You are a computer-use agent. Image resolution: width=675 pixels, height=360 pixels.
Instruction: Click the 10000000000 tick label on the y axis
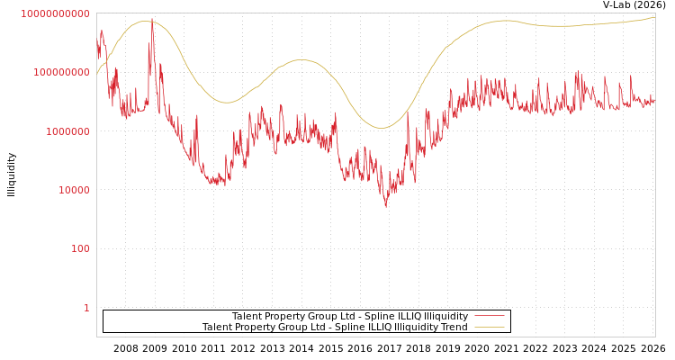[56, 13]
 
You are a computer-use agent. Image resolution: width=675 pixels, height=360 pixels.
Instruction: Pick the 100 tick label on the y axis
[80, 248]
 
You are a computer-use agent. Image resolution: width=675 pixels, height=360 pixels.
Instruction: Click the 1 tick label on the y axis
[86, 308]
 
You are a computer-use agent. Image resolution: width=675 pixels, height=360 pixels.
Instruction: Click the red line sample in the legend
[489, 316]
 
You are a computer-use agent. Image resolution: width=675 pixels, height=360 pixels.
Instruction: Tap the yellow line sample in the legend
[489, 328]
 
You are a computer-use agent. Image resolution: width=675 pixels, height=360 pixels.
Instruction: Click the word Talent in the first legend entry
[247, 316]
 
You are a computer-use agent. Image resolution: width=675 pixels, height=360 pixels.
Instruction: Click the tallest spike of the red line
[151, 19]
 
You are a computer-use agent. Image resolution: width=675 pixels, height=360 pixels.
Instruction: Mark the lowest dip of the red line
[386, 207]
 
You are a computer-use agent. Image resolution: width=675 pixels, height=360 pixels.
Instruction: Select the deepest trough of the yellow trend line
[381, 128]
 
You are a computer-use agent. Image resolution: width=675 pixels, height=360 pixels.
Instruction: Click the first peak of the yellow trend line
[144, 22]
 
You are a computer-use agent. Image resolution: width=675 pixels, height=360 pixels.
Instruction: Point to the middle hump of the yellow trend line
[301, 60]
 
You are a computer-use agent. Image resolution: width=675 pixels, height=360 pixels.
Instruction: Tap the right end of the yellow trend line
[654, 17]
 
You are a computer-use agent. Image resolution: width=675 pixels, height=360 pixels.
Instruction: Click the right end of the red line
[654, 101]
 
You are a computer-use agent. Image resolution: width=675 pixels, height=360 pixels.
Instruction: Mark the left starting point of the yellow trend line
[97, 74]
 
